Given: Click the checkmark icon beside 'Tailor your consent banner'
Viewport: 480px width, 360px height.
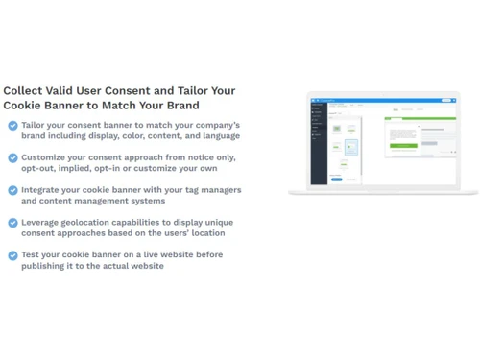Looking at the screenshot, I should click(12, 126).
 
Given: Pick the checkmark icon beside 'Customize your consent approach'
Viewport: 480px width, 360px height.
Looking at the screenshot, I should click(12, 157).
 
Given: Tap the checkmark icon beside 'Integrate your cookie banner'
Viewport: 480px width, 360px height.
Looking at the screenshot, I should click(12, 190).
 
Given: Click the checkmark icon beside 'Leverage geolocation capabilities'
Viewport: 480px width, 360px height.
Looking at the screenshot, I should click(12, 223).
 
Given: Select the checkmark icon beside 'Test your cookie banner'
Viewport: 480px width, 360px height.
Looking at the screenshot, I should click(12, 255).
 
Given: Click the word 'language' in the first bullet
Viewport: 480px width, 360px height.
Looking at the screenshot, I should click(220, 136).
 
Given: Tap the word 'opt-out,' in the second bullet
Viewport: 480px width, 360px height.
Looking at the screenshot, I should click(42, 169).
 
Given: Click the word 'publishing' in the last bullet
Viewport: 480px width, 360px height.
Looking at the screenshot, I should click(46, 266).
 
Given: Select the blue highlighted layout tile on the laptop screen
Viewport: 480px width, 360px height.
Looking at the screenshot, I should click(351, 147).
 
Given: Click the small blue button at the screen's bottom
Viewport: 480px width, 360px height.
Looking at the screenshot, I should click(337, 179).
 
